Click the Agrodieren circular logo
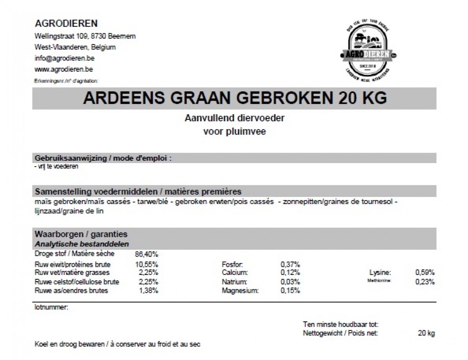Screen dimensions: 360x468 pyautogui.click(x=368, y=51)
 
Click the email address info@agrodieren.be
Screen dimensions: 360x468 pyautogui.click(x=64, y=59)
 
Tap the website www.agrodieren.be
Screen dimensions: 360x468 pyautogui.click(x=64, y=69)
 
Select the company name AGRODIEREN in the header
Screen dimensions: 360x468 pyautogui.click(x=66, y=23)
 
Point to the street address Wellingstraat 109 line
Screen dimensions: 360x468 pyautogui.click(x=85, y=36)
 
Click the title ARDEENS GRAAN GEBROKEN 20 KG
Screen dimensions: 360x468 pyautogui.click(x=235, y=98)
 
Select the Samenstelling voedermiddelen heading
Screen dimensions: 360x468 pyautogui.click(x=138, y=192)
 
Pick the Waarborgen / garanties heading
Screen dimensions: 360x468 pyautogui.click(x=81, y=234)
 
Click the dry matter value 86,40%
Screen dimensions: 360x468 pyautogui.click(x=146, y=254)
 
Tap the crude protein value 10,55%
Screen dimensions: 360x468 pyautogui.click(x=146, y=264)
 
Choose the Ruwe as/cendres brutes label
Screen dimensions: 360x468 pyautogui.click(x=71, y=291)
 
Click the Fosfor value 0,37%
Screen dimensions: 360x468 pyautogui.click(x=290, y=264)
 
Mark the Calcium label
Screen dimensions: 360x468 pyautogui.click(x=234, y=273)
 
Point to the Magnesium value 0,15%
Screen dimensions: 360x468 pyautogui.click(x=290, y=291)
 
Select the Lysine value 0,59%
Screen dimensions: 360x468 pyautogui.click(x=425, y=273)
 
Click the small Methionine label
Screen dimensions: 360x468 pyautogui.click(x=379, y=281)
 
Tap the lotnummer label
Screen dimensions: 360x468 pyautogui.click(x=51, y=307)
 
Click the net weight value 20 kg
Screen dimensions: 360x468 pyautogui.click(x=426, y=333)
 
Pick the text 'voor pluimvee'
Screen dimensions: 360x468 pyautogui.click(x=234, y=132)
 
